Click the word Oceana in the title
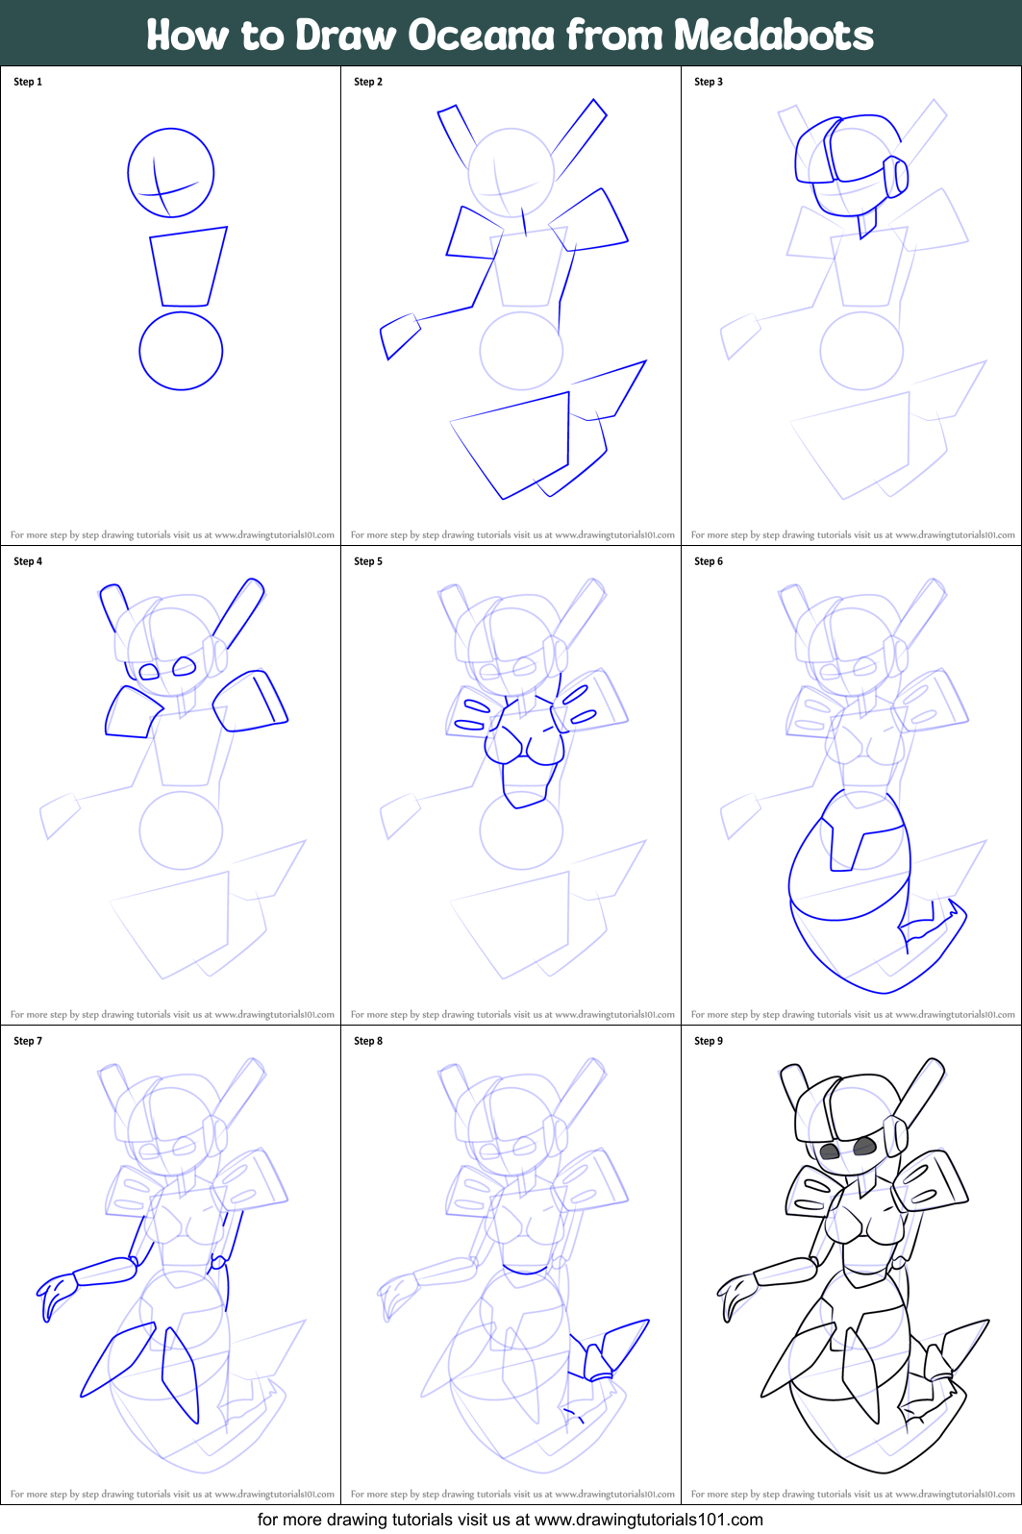pyautogui.click(x=481, y=36)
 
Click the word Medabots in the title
pyautogui.click(x=773, y=36)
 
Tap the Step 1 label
pyautogui.click(x=28, y=82)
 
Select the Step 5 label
pyautogui.click(x=368, y=561)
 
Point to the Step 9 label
pyautogui.click(x=709, y=1041)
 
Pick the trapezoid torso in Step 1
pyautogui.click(x=187, y=267)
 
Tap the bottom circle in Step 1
pyautogui.click(x=181, y=350)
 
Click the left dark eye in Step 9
pyautogui.click(x=830, y=1150)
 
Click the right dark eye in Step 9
pyautogui.click(x=864, y=1145)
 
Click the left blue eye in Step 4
pyautogui.click(x=149, y=672)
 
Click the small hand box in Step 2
pyautogui.click(x=399, y=334)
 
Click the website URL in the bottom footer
pyautogui.click(x=648, y=1520)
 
